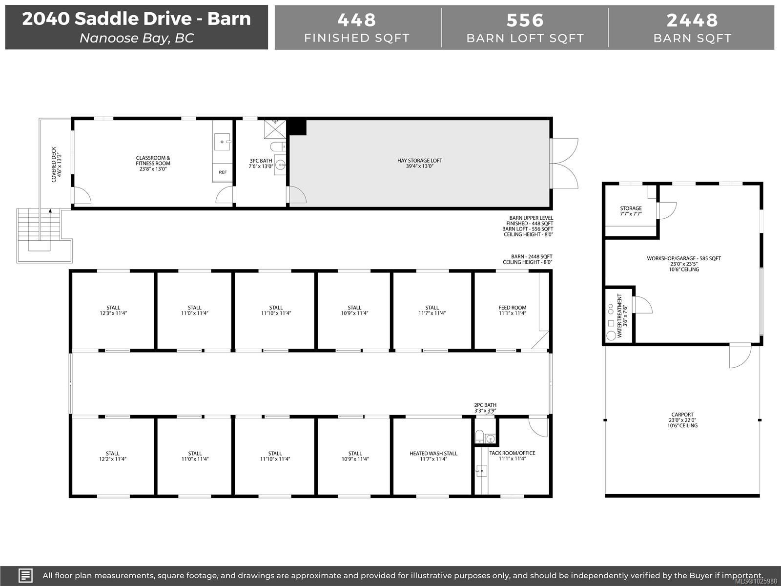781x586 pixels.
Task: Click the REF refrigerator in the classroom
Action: (223, 172)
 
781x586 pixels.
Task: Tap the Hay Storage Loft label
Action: (419, 163)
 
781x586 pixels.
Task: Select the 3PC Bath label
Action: (261, 163)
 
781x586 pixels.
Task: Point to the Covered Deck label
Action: (57, 165)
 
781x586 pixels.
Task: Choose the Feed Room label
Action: (512, 310)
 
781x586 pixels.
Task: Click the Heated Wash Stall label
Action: (433, 456)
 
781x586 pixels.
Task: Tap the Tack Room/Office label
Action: (512, 456)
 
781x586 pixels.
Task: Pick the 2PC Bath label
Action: (485, 408)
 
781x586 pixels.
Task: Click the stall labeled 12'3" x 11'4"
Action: (113, 310)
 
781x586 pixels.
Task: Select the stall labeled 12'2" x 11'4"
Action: (112, 456)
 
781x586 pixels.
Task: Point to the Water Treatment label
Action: (622, 315)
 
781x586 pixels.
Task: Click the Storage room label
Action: (631, 211)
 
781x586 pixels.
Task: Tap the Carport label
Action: (682, 420)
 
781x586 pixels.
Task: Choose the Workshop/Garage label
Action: (684, 264)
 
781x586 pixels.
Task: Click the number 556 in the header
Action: (525, 21)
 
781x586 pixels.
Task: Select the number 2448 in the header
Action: (692, 21)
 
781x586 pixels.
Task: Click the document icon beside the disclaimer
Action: (25, 575)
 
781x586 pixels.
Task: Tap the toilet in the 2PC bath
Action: (479, 436)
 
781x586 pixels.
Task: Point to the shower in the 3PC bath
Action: (275, 129)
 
